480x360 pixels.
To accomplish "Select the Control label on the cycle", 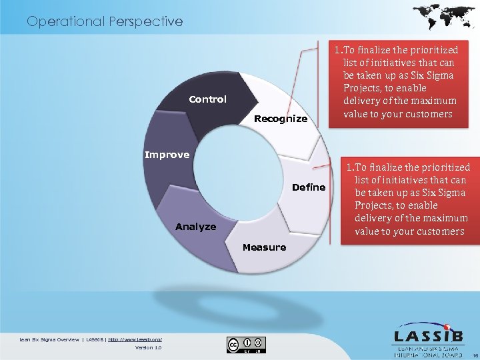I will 207,99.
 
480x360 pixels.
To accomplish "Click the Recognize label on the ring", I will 281,119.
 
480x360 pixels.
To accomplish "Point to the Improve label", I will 167,155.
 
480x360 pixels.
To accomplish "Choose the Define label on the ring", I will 309,187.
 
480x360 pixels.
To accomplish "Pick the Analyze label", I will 195,227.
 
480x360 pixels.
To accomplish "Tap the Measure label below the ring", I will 264,247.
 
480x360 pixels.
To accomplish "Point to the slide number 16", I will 473,355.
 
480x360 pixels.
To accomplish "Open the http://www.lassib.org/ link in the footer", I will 135,340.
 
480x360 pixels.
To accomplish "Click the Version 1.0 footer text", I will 148,347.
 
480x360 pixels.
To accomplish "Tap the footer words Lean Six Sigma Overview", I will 50,340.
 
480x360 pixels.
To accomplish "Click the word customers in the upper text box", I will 430,113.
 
